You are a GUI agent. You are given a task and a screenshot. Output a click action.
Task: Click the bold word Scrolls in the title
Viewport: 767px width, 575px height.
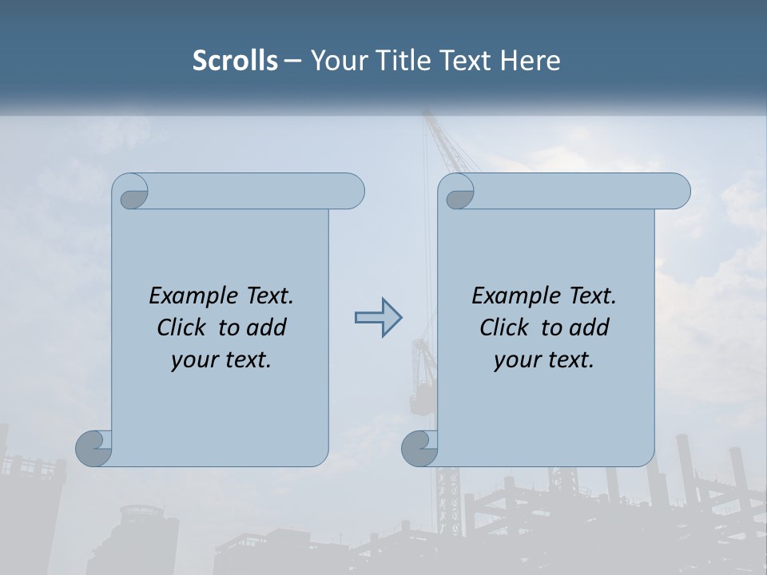point(236,61)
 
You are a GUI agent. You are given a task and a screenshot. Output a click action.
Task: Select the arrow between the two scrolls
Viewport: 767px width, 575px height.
point(379,318)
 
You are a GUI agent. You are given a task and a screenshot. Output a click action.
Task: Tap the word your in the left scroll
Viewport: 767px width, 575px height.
point(193,360)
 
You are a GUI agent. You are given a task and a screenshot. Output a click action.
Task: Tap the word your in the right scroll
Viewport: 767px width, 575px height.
point(515,360)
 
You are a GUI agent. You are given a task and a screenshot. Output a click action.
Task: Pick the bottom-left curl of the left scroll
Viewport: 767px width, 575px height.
point(93,447)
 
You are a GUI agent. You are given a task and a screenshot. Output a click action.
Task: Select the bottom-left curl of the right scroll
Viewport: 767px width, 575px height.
point(419,447)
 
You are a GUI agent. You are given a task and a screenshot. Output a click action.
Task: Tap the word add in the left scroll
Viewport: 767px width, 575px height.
point(266,327)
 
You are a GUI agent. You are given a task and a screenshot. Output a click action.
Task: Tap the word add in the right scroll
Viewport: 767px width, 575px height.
point(589,327)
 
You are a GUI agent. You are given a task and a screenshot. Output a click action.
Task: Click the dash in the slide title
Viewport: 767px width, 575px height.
point(292,61)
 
